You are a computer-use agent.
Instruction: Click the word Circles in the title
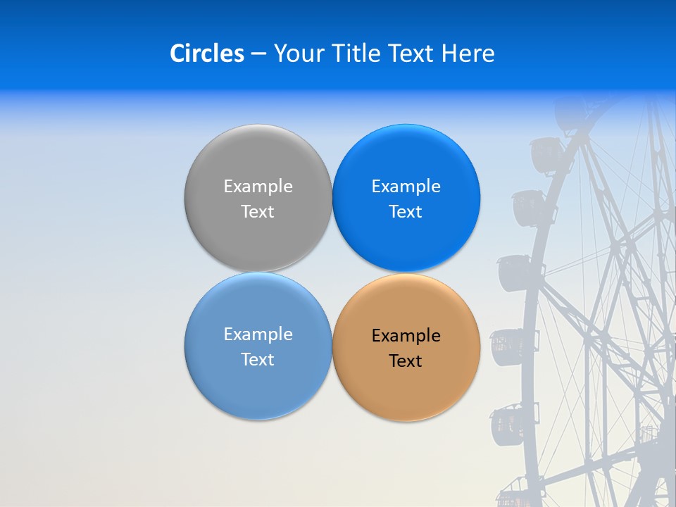(206, 54)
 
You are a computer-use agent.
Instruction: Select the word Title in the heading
(357, 54)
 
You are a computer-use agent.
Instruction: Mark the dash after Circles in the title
(258, 54)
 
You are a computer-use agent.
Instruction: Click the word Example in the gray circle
(258, 187)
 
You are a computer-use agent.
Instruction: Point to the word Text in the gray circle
(258, 211)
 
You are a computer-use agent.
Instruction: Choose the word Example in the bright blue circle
(406, 187)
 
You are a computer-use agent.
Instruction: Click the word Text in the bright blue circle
(406, 211)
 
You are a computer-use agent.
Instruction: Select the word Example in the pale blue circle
(258, 334)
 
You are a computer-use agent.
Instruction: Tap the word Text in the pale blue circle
(258, 359)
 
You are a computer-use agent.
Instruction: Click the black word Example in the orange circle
(406, 336)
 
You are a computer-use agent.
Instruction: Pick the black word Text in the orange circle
(406, 361)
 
